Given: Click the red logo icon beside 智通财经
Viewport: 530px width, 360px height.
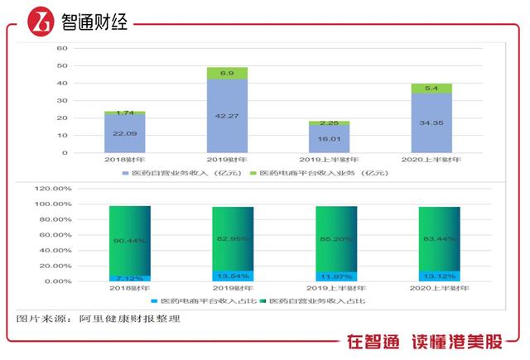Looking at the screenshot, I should pyautogui.click(x=38, y=21).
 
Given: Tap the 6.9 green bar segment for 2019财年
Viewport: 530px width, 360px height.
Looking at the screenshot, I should pyautogui.click(x=227, y=74).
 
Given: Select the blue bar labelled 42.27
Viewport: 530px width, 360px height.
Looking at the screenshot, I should pyautogui.click(x=227, y=116).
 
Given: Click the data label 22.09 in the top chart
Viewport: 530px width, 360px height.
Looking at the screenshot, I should pyautogui.click(x=124, y=134).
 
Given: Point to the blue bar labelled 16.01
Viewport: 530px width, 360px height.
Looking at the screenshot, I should pyautogui.click(x=329, y=138).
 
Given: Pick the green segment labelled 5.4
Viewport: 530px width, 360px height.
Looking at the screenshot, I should pyautogui.click(x=431, y=88).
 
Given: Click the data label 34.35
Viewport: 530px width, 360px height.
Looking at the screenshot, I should pyautogui.click(x=431, y=122).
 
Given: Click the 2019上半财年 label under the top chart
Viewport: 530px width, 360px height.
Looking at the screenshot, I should pyautogui.click(x=329, y=159).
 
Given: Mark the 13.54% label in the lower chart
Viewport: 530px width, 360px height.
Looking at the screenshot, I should pyautogui.click(x=227, y=276).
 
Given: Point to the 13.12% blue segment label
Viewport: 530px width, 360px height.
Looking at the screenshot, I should pyautogui.click(x=431, y=276).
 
